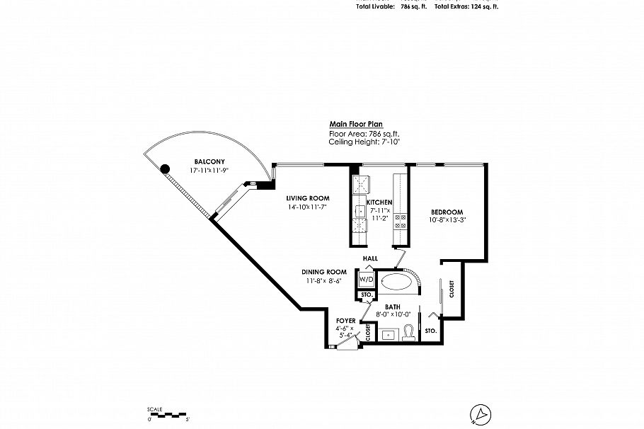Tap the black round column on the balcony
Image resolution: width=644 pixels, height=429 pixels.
point(166,168)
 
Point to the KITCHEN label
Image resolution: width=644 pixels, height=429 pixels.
point(379,202)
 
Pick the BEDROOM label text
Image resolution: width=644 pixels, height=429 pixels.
point(447,212)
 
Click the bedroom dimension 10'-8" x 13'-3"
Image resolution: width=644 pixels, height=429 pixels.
point(447,221)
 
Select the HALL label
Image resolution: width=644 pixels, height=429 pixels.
point(369,259)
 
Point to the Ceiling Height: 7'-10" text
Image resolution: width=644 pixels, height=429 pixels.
point(364,142)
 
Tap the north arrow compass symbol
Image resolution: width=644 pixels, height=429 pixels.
point(481,412)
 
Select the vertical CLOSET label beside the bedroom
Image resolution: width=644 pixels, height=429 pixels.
point(452,290)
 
